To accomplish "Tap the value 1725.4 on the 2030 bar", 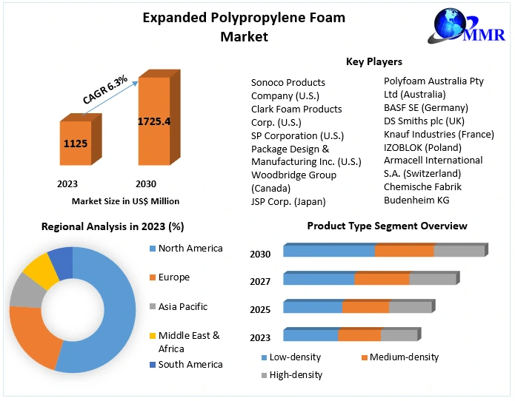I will [153, 121].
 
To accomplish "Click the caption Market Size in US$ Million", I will [125, 200].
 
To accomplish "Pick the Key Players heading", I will [374, 61].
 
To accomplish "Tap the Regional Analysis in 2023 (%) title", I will [113, 226].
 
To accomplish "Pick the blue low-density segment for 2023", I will [310, 335].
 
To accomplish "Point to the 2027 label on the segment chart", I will [260, 281].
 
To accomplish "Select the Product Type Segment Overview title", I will [387, 226].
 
